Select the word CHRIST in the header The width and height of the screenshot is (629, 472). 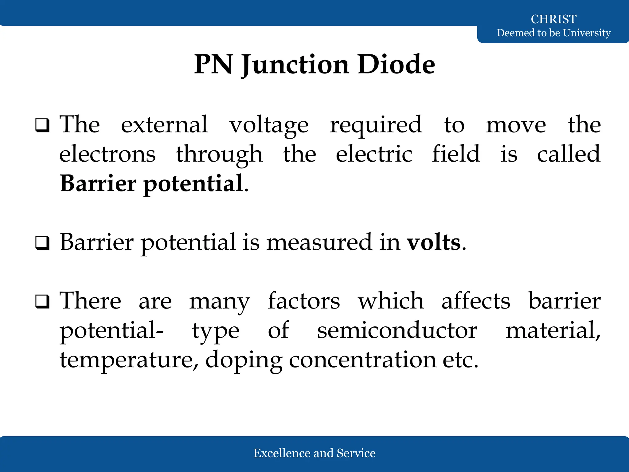coord(553,19)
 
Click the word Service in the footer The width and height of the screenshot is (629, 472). coord(356,453)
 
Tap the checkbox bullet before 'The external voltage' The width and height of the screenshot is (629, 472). coord(42,125)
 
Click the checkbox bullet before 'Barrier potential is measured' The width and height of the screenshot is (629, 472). coord(42,243)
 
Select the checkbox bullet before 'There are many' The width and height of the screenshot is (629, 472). coord(42,301)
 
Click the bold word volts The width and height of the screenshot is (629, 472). coord(434,243)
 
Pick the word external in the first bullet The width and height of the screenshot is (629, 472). coord(164,124)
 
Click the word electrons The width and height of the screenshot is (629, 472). coord(107,154)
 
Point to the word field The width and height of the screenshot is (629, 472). coord(456,153)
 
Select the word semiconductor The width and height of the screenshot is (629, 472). coord(397,331)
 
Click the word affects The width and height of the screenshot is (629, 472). coord(476,301)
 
